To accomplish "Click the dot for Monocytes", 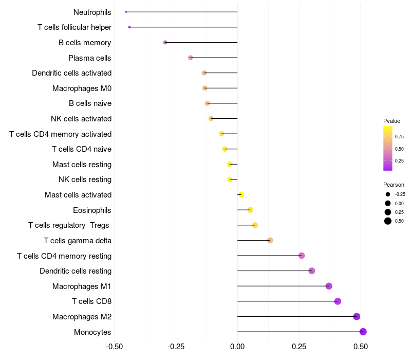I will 363,332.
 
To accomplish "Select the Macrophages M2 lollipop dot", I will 357,317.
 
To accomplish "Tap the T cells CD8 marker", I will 338,301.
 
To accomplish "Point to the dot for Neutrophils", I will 126,12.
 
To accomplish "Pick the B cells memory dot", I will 165,42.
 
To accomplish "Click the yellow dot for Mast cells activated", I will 241,194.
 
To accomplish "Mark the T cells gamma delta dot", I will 270,240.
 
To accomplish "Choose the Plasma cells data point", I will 191,58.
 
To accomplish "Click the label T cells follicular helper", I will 74,27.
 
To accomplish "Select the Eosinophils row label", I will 92,210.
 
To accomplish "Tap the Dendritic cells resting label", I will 76,271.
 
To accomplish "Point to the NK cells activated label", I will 81,119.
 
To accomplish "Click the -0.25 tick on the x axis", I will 176,347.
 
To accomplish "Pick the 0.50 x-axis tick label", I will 361,347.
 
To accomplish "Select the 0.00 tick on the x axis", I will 237,347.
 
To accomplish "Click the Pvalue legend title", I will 391,121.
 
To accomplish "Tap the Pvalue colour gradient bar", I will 388,148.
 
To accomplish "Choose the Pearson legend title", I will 394,185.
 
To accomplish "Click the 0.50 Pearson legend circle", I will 388,221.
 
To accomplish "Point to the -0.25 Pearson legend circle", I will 388,194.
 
